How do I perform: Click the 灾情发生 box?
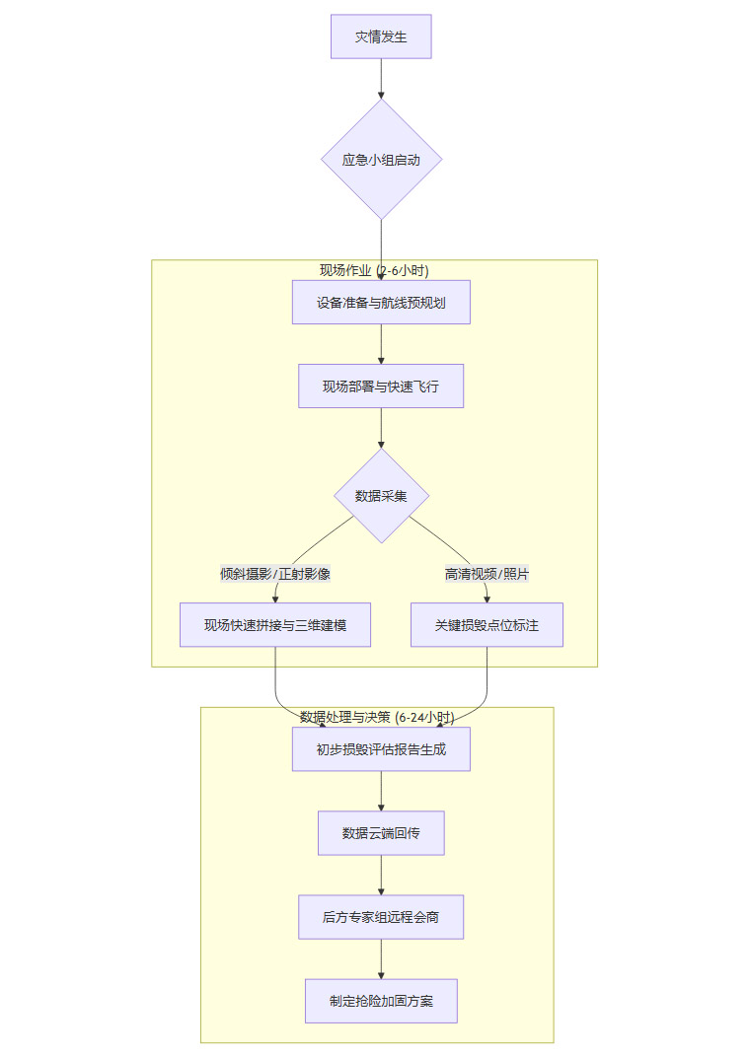pos(381,36)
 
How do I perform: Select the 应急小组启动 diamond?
pos(381,159)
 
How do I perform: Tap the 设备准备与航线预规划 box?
pos(381,302)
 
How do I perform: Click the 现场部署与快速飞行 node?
pos(381,387)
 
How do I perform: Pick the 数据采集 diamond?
pos(381,496)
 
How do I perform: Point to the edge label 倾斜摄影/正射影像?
pos(275,573)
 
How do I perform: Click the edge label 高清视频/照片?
pos(487,573)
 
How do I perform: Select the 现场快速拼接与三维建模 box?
pos(275,625)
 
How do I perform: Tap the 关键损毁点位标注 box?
pos(487,625)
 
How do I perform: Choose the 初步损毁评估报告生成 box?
pos(381,749)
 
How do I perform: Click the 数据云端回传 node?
pos(381,833)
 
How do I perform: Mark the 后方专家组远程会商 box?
pos(381,917)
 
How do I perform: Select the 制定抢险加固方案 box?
pos(381,1001)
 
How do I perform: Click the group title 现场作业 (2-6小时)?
pos(374,270)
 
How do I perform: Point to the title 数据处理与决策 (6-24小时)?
pos(377,717)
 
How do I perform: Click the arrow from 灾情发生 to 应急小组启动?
pos(381,79)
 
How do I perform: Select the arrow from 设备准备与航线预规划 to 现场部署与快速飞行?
pos(381,344)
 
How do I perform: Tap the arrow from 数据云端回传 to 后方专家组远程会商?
pos(381,875)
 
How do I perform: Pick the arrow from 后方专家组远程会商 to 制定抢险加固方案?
pos(381,958)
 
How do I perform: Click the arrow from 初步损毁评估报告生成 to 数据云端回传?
pos(381,791)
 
